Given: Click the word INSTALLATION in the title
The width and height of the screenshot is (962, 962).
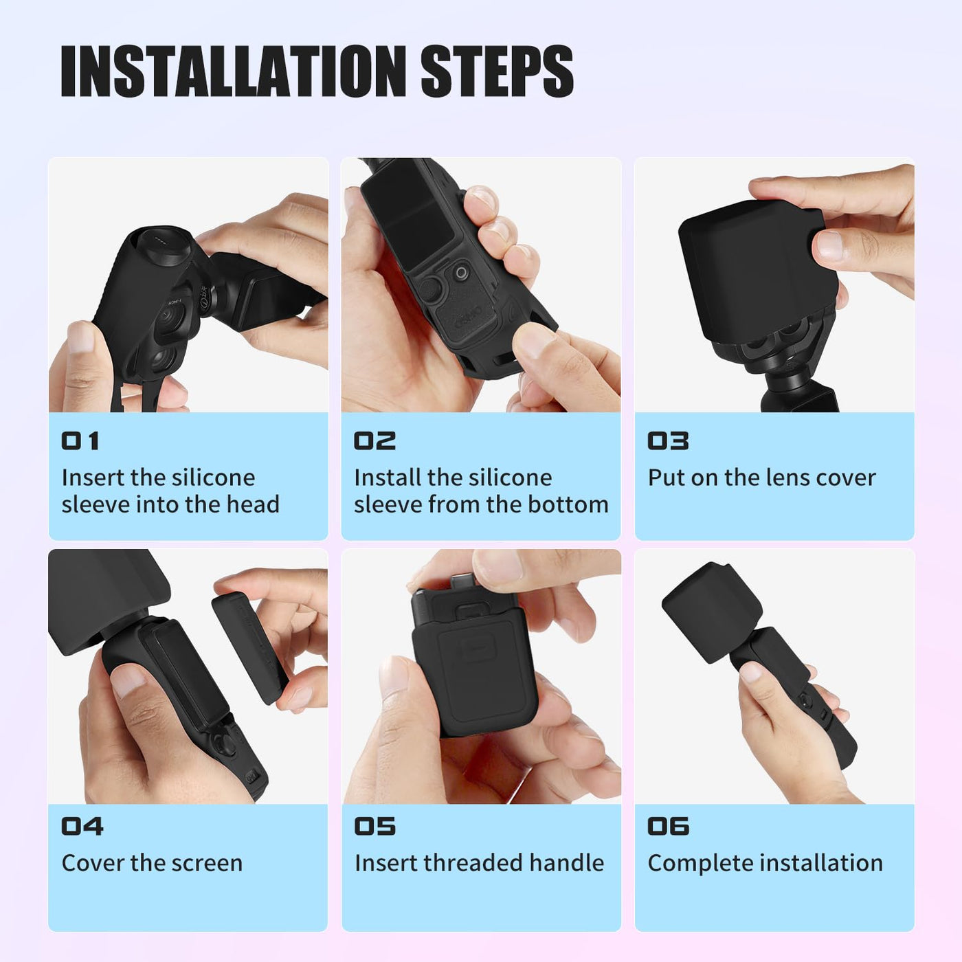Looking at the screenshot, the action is [233, 70].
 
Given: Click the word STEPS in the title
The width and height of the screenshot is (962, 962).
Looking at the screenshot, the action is [497, 70].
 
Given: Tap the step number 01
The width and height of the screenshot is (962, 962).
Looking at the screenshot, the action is [80, 441].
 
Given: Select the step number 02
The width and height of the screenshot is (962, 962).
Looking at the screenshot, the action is [374, 441].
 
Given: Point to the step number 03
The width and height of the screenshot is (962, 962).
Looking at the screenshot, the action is [668, 441].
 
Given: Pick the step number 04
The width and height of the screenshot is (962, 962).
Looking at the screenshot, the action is [82, 826].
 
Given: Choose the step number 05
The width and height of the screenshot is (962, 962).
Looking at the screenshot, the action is [375, 826].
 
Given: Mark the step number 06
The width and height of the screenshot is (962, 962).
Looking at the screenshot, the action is [669, 826].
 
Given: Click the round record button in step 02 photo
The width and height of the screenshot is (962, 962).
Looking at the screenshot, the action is [462, 273].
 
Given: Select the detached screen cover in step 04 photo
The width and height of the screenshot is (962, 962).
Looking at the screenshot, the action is [249, 648].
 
